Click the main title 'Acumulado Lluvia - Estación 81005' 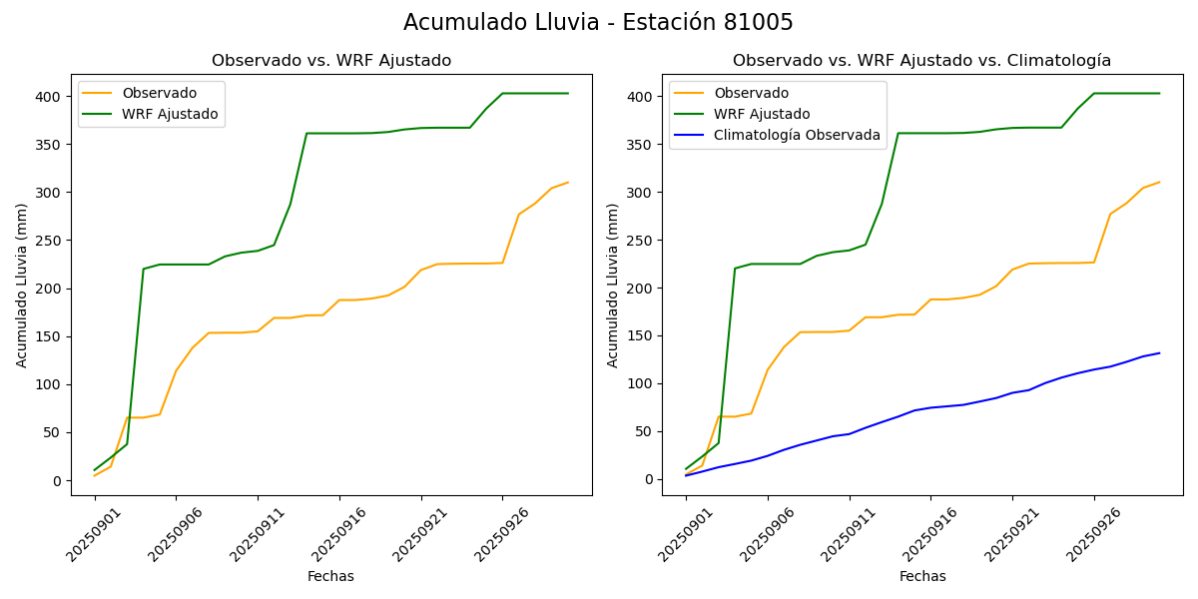coord(598,23)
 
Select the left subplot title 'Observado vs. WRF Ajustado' coord(331,61)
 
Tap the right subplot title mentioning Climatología coord(921,61)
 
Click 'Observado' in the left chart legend coord(160,93)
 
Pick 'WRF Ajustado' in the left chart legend coord(170,114)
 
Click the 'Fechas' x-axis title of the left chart coord(330,576)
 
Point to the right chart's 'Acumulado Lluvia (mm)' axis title coord(613,285)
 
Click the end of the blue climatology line coord(1159,352)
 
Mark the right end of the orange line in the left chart coord(568,183)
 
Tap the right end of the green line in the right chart coord(1159,93)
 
